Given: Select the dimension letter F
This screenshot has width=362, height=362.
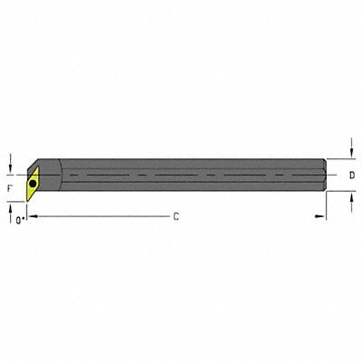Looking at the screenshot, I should (x=9, y=188).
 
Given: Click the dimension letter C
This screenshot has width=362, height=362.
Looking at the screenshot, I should (x=176, y=217).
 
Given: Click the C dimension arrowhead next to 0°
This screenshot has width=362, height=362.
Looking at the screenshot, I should (x=31, y=217).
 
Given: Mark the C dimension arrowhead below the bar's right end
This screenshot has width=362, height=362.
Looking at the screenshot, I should (x=318, y=217).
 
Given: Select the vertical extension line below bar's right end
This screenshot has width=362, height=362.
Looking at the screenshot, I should (x=326, y=206).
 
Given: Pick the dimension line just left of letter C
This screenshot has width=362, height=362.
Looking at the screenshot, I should (x=100, y=217).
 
